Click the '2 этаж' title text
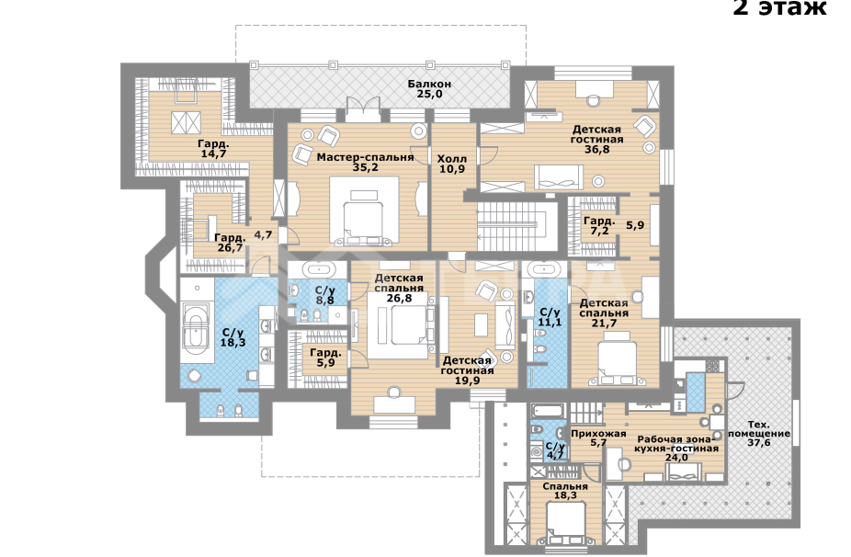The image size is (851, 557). coord(779,9)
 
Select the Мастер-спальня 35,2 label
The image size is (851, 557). coord(365,162)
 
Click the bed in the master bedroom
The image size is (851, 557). coord(364,213)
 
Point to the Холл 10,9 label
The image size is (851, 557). coord(452,164)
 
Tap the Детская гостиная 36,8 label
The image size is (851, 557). coord(597,139)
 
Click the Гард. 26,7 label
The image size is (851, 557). coord(228,243)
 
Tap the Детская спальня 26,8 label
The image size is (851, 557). coord(399,287)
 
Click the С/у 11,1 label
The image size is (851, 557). coord(550,317)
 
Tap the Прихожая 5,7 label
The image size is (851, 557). coord(598,437)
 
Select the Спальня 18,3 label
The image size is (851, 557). coord(565,492)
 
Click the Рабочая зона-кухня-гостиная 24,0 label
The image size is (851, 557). coord(676,448)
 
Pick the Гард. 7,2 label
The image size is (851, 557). coord(599,227)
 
